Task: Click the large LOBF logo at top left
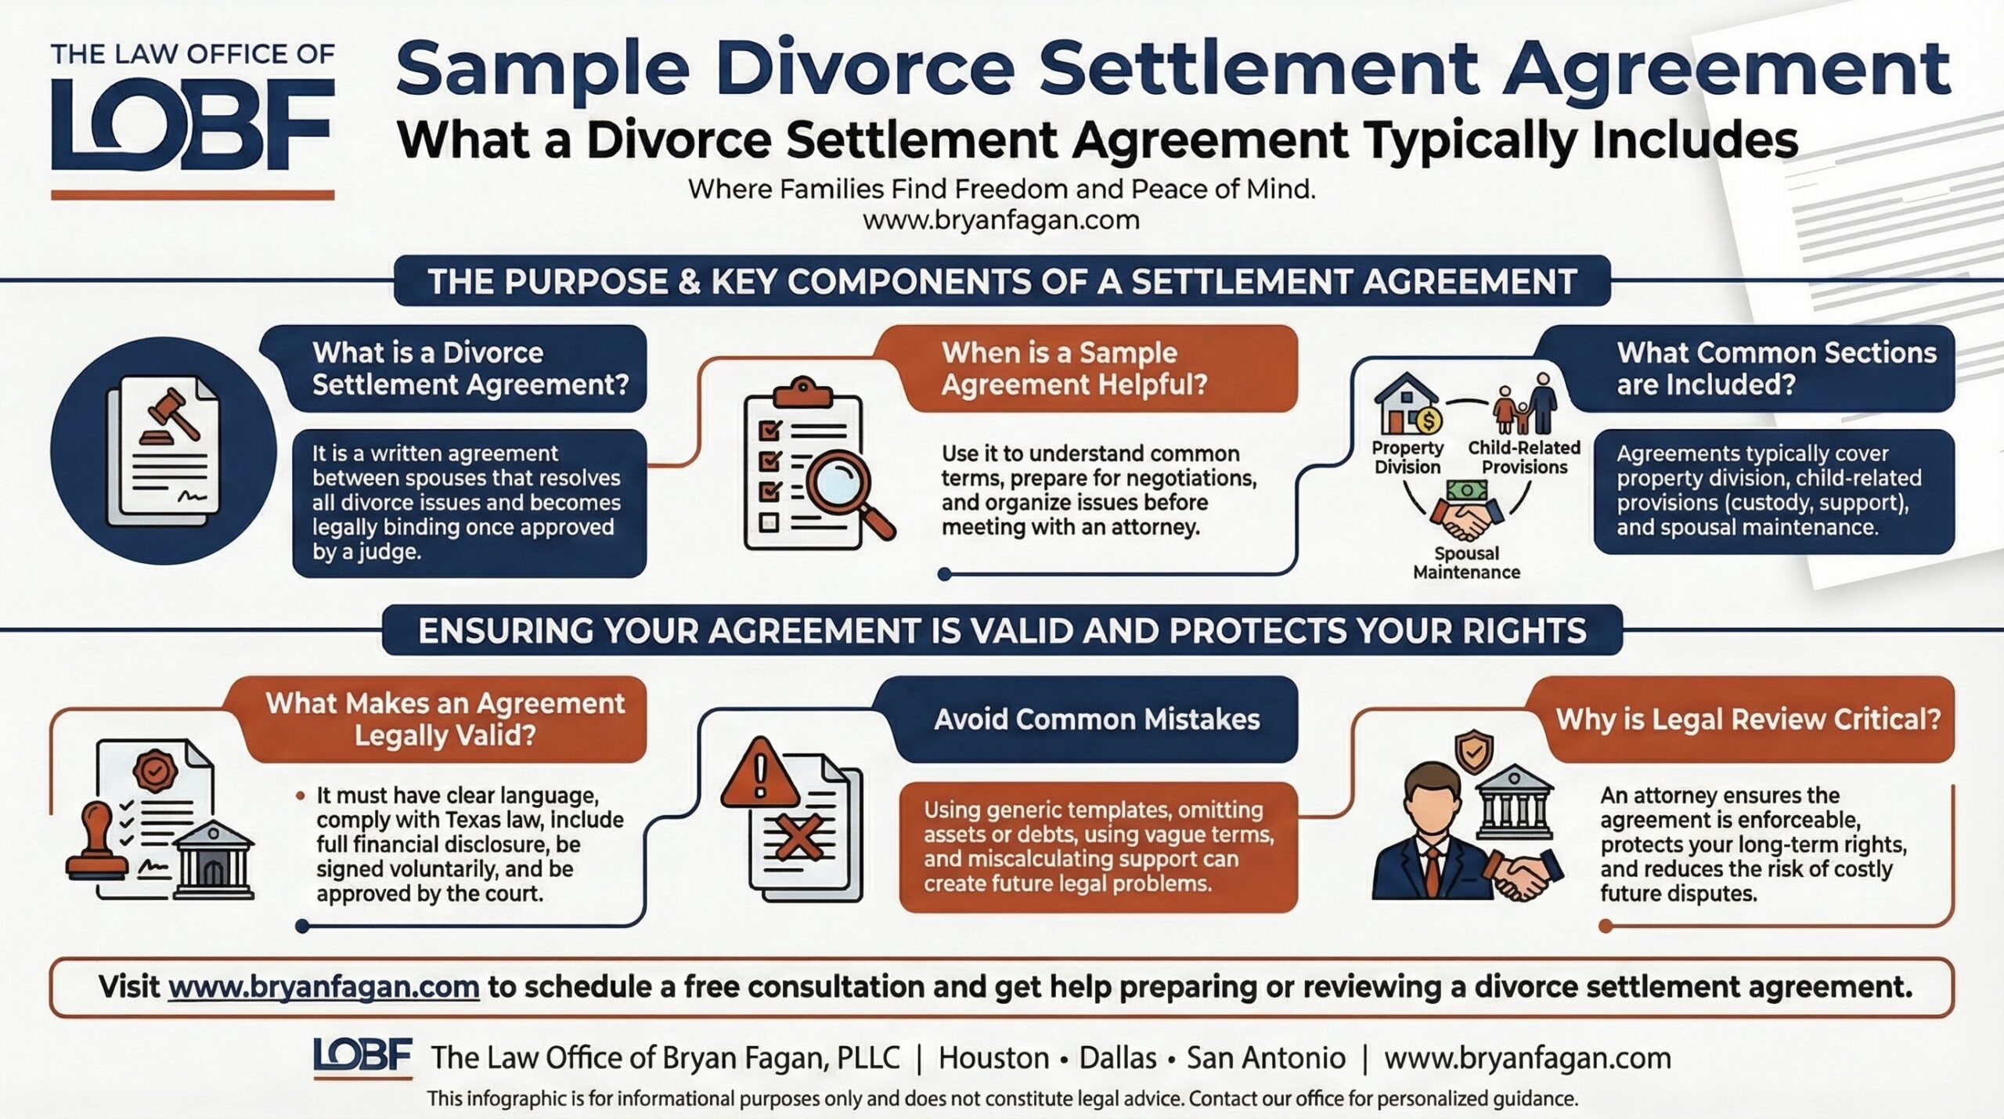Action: click(193, 124)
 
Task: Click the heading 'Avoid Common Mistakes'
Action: click(1097, 720)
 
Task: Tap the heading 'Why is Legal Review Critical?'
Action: click(1748, 720)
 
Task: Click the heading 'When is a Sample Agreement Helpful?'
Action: click(1074, 369)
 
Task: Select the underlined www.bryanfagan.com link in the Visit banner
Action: click(323, 987)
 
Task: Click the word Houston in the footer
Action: click(993, 1058)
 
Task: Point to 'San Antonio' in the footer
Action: click(1266, 1058)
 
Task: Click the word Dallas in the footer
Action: click(1118, 1058)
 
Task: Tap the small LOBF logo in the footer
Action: click(362, 1056)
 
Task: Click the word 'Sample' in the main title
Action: click(542, 70)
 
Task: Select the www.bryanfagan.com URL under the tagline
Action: click(1001, 220)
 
